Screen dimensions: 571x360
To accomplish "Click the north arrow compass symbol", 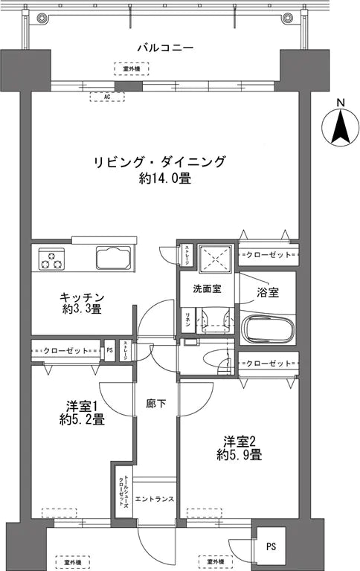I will click(x=341, y=127).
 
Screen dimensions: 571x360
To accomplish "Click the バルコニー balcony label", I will click(x=165, y=48).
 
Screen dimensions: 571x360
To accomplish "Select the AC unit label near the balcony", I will click(x=107, y=97).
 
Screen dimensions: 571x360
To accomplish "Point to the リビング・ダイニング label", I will click(x=159, y=162).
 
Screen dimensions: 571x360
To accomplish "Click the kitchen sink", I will click(x=114, y=260).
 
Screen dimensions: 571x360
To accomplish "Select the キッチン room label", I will click(x=83, y=297).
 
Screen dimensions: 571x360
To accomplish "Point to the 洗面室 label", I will click(x=207, y=288).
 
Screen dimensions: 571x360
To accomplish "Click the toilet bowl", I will click(x=218, y=356).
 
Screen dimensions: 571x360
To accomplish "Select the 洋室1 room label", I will click(x=83, y=406).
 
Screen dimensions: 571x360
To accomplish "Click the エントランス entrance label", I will click(x=155, y=498).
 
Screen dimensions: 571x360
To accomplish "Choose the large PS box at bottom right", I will click(x=269, y=546).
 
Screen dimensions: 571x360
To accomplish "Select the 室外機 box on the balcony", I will click(x=131, y=69).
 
